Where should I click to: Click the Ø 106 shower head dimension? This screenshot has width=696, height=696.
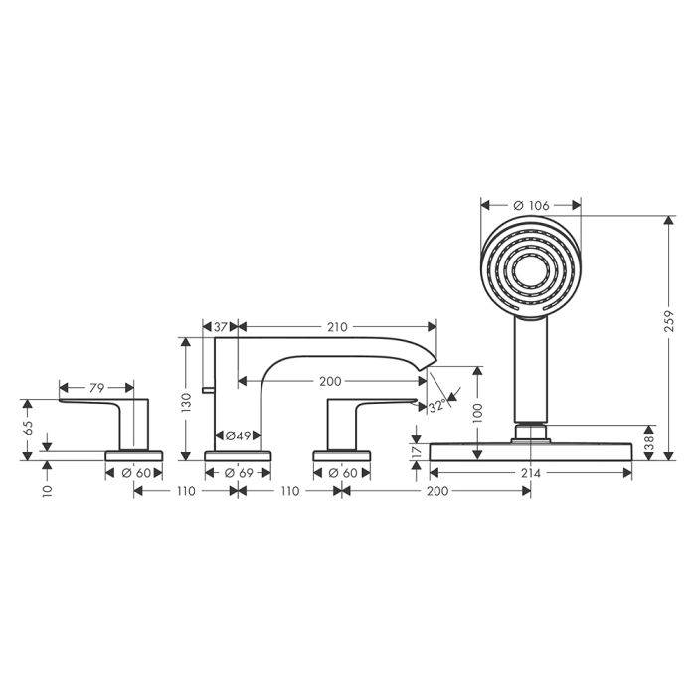[x=531, y=205]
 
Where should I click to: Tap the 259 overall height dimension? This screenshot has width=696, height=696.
[x=669, y=321]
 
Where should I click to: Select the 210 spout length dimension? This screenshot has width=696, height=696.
[x=337, y=327]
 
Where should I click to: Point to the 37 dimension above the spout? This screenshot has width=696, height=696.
[x=220, y=327]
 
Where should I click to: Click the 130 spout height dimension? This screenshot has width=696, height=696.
[x=186, y=402]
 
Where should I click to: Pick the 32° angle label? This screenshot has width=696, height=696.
[x=437, y=406]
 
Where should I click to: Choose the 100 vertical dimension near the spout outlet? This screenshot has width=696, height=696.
[x=477, y=413]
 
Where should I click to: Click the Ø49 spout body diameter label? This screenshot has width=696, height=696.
[x=238, y=435]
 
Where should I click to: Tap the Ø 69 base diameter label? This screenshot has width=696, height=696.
[x=239, y=473]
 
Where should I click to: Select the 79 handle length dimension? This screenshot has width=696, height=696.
[x=96, y=388]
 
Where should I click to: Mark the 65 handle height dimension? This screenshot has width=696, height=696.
[x=28, y=428]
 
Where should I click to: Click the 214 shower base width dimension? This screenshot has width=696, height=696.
[x=531, y=473]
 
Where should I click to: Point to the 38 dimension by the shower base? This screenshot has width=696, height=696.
[x=649, y=442]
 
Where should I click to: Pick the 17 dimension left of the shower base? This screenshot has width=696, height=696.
[x=416, y=452]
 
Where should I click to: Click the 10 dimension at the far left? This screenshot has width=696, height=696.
[x=48, y=491]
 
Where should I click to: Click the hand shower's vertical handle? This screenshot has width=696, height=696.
[x=531, y=369]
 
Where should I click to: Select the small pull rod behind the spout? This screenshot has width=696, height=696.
[x=208, y=390]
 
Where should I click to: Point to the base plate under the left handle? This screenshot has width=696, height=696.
[x=133, y=455]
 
